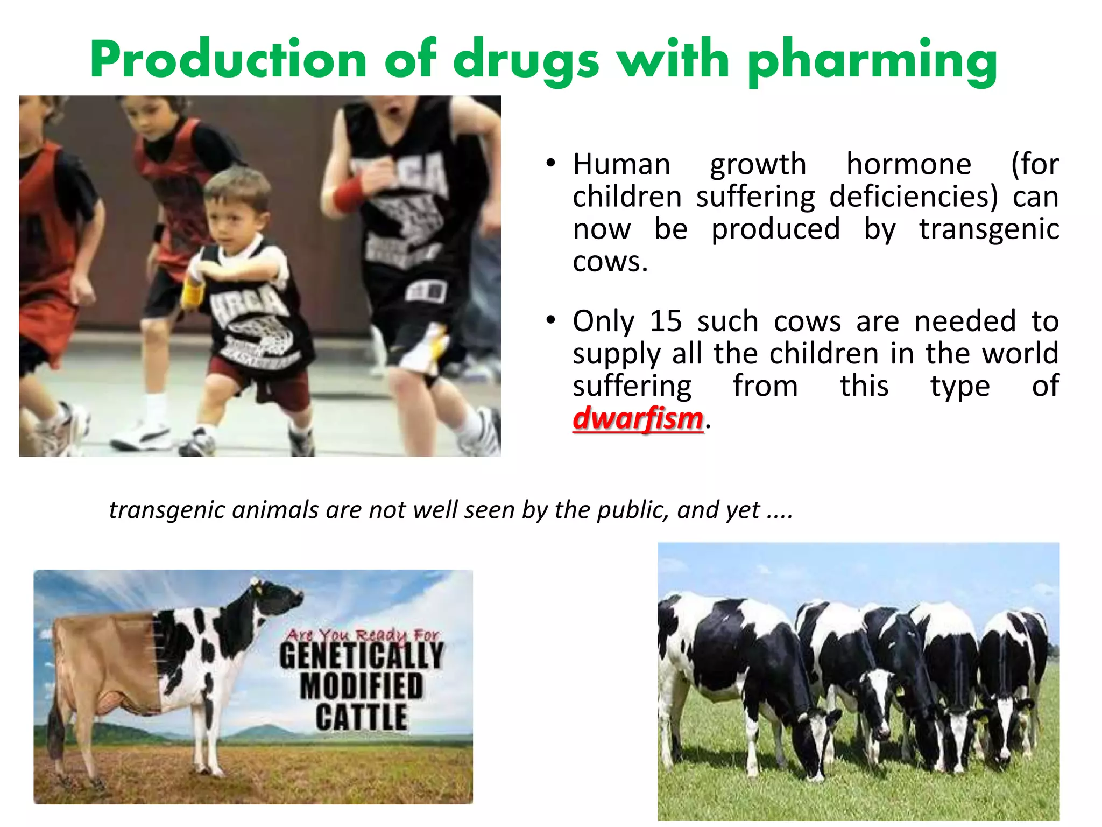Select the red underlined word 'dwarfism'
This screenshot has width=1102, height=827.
click(638, 418)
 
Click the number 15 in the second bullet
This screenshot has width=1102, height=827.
click(666, 321)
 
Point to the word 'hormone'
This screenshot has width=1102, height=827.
click(909, 164)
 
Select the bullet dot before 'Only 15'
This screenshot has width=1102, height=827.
click(550, 320)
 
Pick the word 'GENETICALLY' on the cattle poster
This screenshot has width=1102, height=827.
click(362, 655)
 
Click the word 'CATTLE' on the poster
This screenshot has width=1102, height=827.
click(361, 717)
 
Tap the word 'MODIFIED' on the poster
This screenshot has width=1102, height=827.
click(362, 686)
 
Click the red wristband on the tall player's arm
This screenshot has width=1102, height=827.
click(349, 194)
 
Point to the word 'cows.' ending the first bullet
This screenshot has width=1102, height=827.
click(610, 262)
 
